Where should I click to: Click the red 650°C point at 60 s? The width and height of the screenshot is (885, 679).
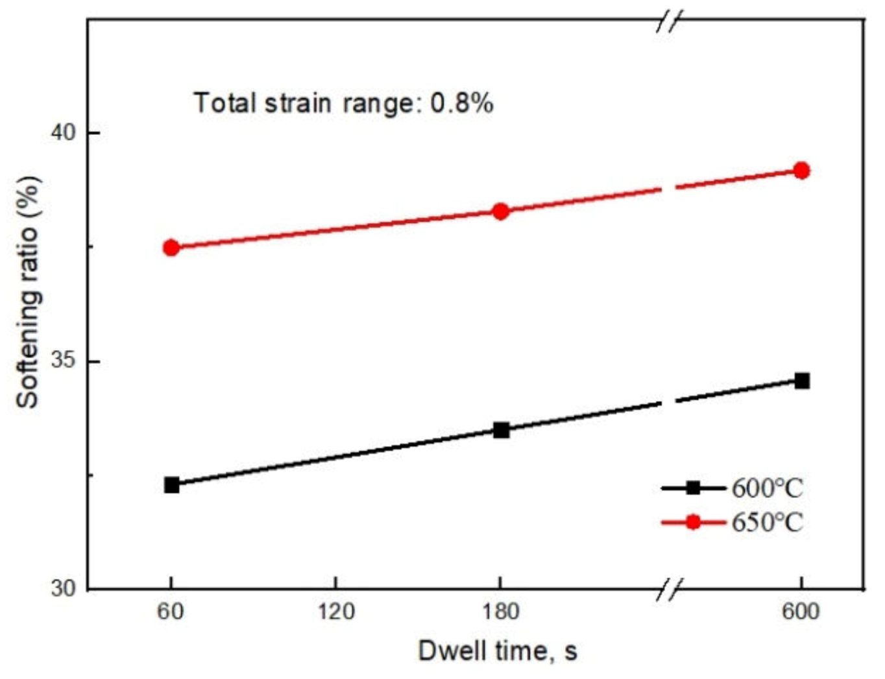pyautogui.click(x=171, y=248)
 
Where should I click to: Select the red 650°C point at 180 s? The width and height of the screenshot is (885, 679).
pyautogui.click(x=500, y=211)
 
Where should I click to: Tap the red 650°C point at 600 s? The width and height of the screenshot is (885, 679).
pyautogui.click(x=801, y=171)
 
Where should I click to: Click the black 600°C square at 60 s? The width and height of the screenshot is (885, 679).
pyautogui.click(x=171, y=485)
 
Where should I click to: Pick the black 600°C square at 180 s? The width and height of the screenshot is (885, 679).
pyautogui.click(x=501, y=430)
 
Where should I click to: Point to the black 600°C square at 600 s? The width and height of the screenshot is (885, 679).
pyautogui.click(x=802, y=381)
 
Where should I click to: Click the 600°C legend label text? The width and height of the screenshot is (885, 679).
pyautogui.click(x=767, y=488)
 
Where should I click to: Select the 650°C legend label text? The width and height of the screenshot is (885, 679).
pyautogui.click(x=767, y=522)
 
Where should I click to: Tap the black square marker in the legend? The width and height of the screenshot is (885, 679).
pyautogui.click(x=693, y=488)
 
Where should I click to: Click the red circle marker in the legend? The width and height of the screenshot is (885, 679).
pyautogui.click(x=693, y=522)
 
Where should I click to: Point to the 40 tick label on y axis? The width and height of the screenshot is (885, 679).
pyautogui.click(x=64, y=132)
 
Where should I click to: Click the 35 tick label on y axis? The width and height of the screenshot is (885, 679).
pyautogui.click(x=64, y=361)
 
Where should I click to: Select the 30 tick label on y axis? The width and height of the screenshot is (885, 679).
pyautogui.click(x=64, y=588)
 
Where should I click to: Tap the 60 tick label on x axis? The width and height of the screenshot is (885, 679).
pyautogui.click(x=171, y=612)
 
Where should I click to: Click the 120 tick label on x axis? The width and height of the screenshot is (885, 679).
pyautogui.click(x=336, y=612)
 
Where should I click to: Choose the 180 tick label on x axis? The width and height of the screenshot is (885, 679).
pyautogui.click(x=500, y=612)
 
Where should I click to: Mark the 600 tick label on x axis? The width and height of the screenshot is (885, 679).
pyautogui.click(x=801, y=612)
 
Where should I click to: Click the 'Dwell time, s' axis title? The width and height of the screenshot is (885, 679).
pyautogui.click(x=498, y=650)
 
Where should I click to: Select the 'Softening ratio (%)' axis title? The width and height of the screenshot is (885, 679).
pyautogui.click(x=28, y=292)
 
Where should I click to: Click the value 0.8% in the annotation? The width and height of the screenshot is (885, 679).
pyautogui.click(x=461, y=103)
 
